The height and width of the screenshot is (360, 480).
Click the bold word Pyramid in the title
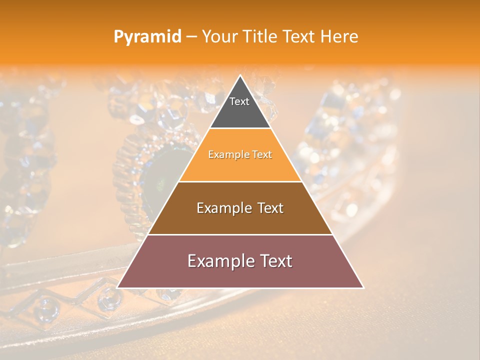[x=147, y=37]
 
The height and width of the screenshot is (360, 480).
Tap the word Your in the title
[x=218, y=37]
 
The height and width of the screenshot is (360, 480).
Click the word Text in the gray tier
[x=239, y=101]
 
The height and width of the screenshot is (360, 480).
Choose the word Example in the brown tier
[x=222, y=208]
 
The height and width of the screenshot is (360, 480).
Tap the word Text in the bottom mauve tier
[x=274, y=261]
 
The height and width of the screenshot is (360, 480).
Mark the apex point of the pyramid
[x=240, y=75]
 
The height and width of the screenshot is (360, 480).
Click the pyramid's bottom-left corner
[x=117, y=287]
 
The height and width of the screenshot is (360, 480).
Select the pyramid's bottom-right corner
[x=363, y=287]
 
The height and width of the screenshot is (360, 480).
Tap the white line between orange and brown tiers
[x=240, y=181]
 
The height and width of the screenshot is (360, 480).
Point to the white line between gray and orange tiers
[x=240, y=128]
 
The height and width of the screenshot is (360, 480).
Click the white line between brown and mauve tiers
[x=240, y=234]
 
